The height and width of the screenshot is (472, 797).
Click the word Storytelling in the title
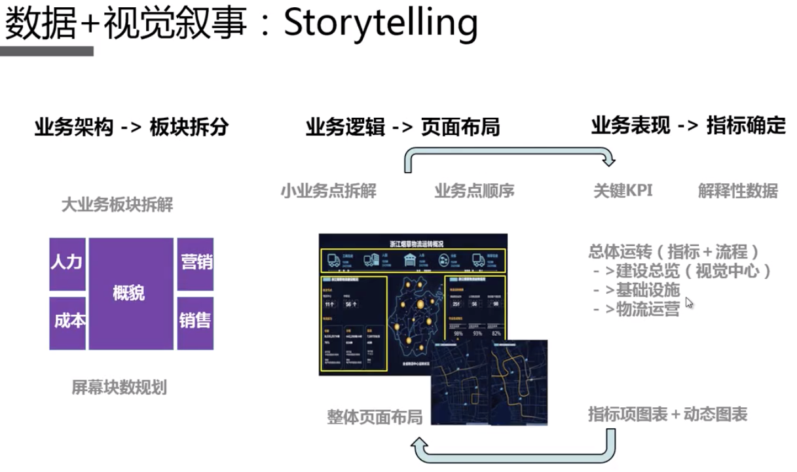coord(380,23)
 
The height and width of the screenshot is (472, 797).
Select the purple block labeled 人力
coord(67,263)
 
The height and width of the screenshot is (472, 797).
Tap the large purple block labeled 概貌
coord(131,293)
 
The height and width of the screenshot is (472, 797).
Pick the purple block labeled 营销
coord(195,263)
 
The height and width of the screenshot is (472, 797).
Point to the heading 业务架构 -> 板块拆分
coord(131,127)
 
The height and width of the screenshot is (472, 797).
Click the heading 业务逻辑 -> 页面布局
coord(402,127)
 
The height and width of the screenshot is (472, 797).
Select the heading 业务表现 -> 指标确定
coord(688,126)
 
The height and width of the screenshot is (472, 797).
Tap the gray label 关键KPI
coord(623,191)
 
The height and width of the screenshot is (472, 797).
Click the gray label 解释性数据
coord(737,191)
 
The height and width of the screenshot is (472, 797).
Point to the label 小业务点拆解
coord(329,191)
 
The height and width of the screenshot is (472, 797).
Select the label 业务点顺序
coord(474,191)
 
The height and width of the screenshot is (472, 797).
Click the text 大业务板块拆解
coord(117,205)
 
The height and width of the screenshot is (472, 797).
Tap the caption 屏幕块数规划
coord(119,388)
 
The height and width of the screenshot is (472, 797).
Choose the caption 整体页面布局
coord(375,417)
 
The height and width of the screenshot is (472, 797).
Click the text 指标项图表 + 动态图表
coord(667,414)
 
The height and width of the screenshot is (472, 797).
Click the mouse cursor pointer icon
coord(689,303)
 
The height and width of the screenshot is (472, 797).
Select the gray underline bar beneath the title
coord(46,50)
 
